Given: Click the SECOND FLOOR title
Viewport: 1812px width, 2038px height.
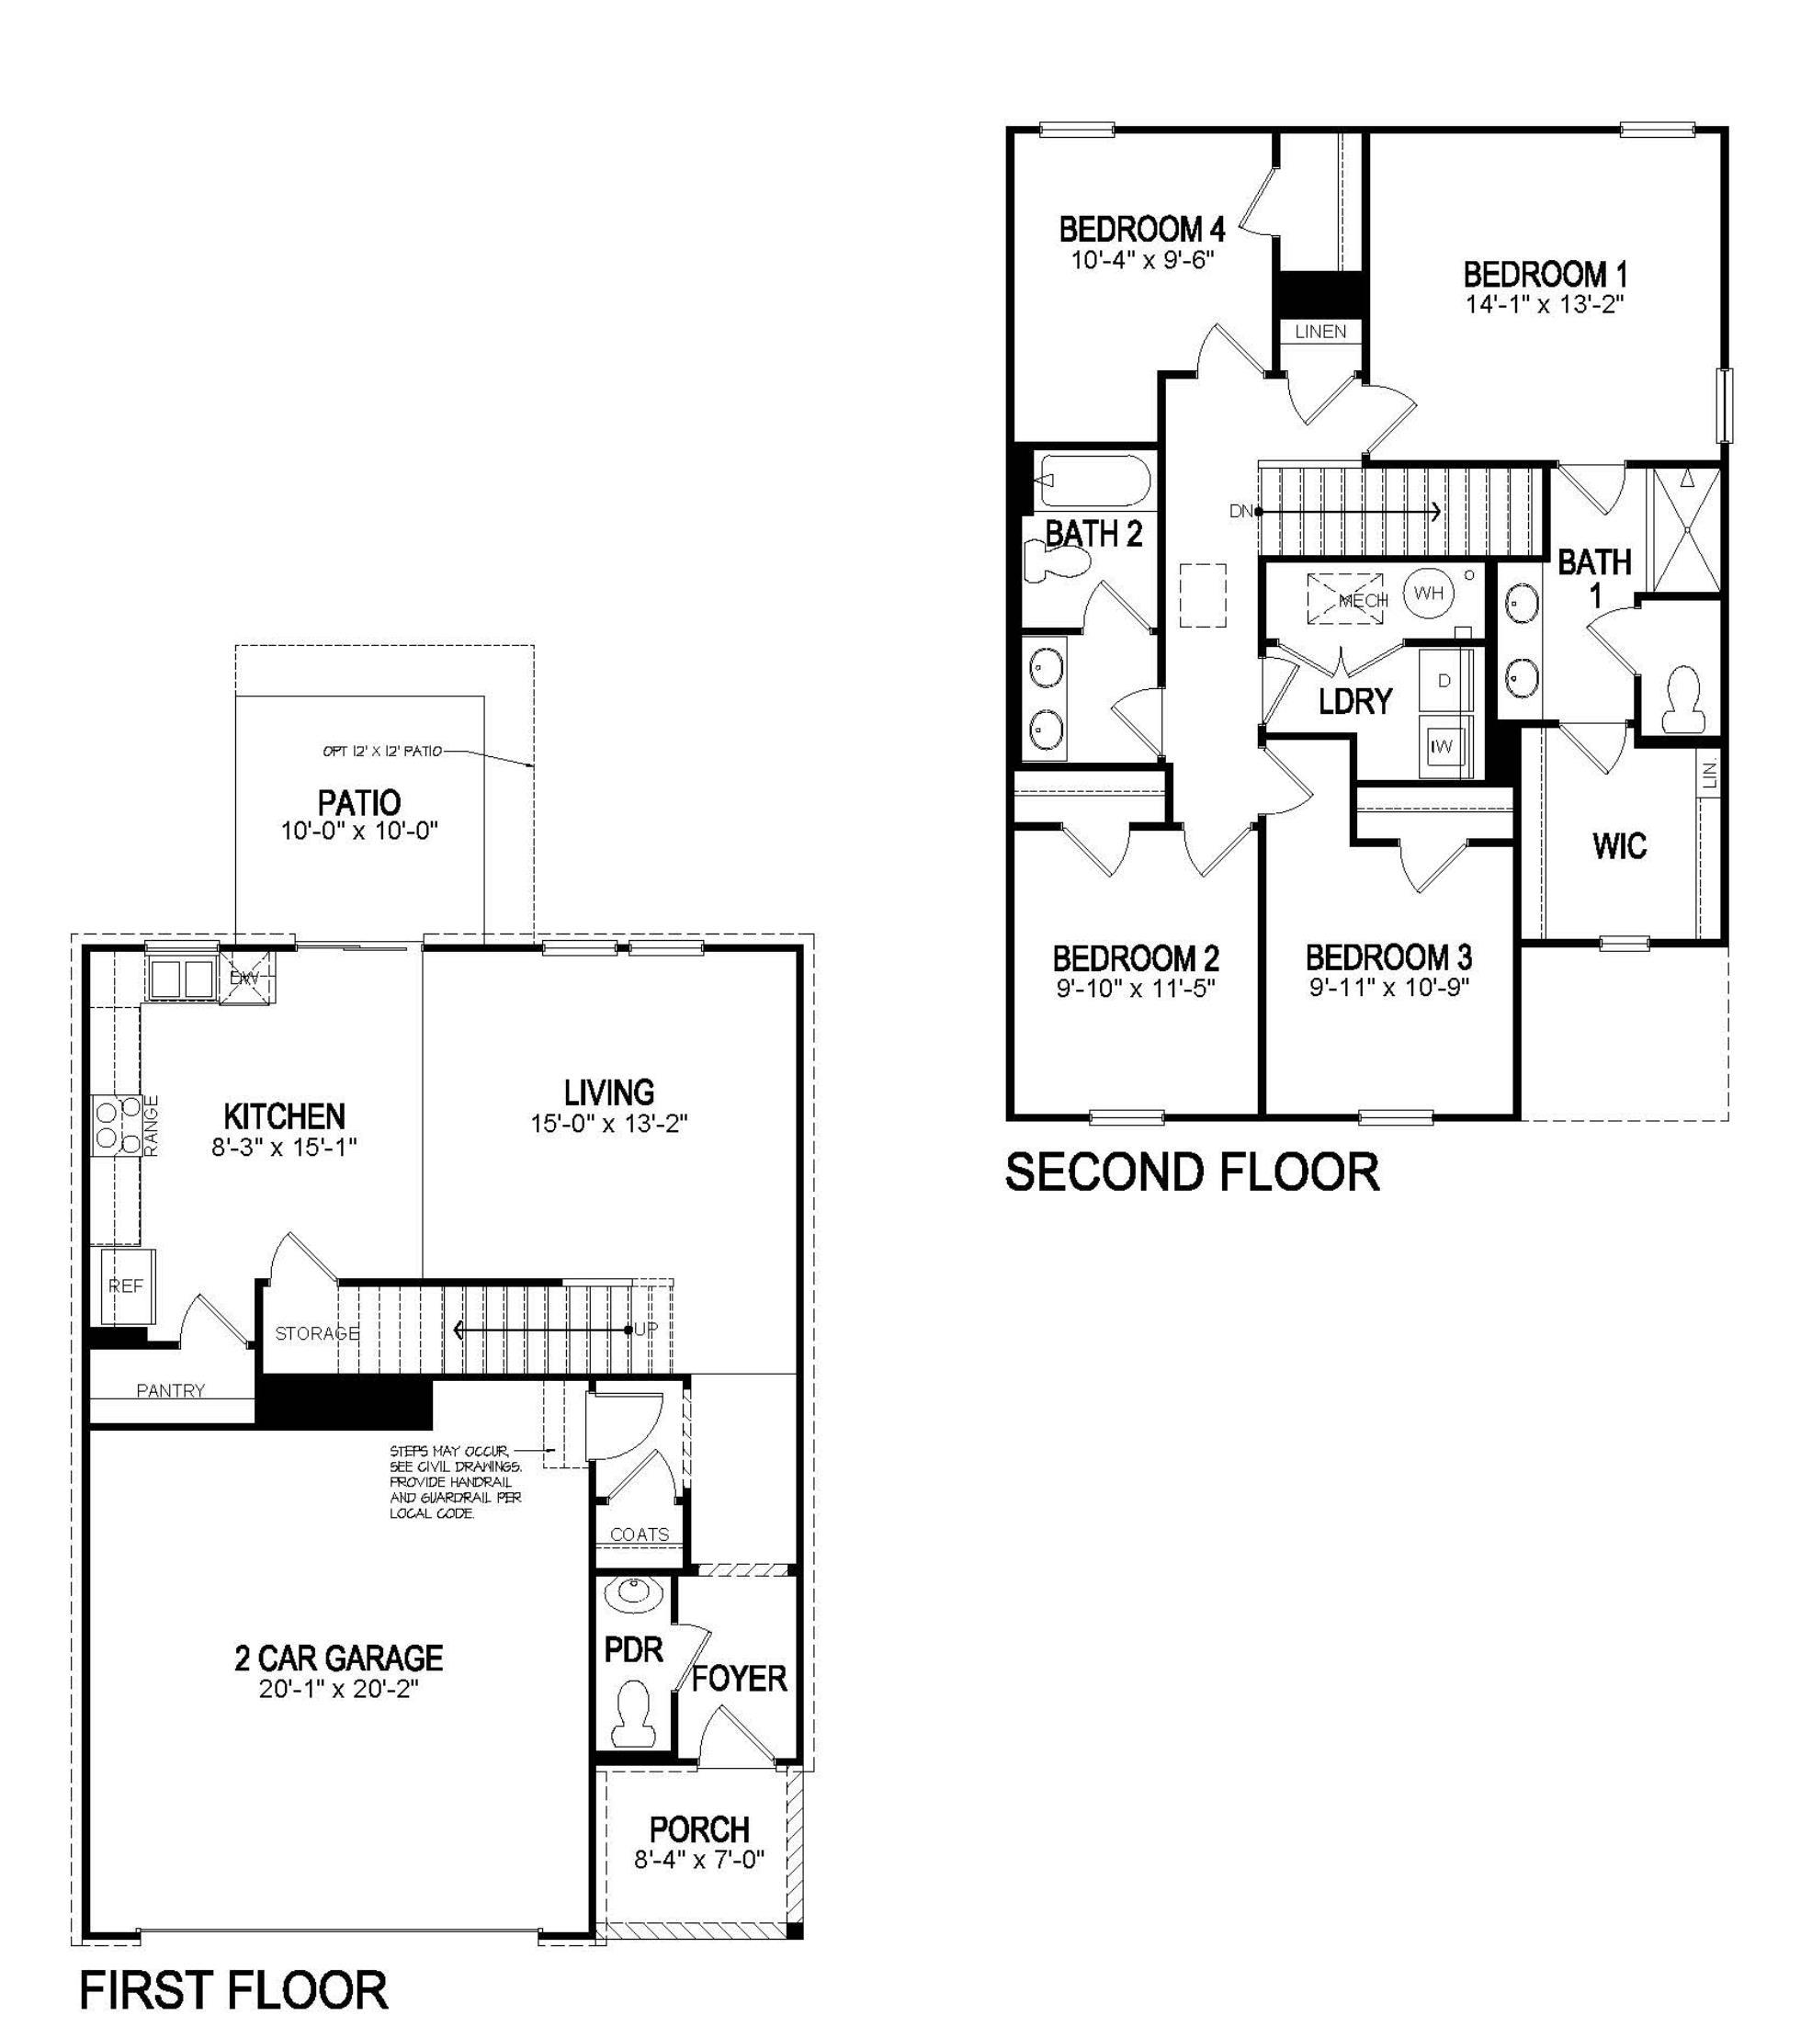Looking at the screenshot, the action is pyautogui.click(x=1192, y=1172).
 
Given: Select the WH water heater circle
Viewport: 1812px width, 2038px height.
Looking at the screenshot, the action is pyautogui.click(x=1428, y=594).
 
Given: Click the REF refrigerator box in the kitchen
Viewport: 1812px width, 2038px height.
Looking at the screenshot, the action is pyautogui.click(x=127, y=1286).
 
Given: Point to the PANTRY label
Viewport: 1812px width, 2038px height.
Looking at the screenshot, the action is pyautogui.click(x=171, y=1391).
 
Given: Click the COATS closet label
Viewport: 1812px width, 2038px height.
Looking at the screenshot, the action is pyautogui.click(x=640, y=1534).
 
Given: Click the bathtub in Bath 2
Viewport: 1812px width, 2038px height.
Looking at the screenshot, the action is pyautogui.click(x=1093, y=481).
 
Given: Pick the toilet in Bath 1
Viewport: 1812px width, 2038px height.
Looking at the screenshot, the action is pyautogui.click(x=1683, y=700).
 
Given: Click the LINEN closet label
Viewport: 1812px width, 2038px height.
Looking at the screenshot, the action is pyautogui.click(x=1320, y=331).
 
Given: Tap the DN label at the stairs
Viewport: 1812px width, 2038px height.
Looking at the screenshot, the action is pyautogui.click(x=1240, y=512).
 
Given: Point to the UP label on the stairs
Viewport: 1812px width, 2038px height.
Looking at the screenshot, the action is pyautogui.click(x=646, y=1329).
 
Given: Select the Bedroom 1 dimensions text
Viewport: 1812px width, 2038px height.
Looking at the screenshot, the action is pyautogui.click(x=1545, y=304).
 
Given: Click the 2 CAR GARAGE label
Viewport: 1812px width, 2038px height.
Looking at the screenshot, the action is pyautogui.click(x=339, y=1657).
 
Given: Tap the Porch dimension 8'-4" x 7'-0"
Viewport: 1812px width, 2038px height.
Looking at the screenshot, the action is pyautogui.click(x=699, y=1860).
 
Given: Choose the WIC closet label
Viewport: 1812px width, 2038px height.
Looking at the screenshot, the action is pyautogui.click(x=1620, y=845).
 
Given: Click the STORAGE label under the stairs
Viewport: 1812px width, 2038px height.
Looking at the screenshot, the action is pyautogui.click(x=317, y=1333).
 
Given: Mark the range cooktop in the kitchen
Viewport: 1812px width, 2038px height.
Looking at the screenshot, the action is pyautogui.click(x=116, y=1126).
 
